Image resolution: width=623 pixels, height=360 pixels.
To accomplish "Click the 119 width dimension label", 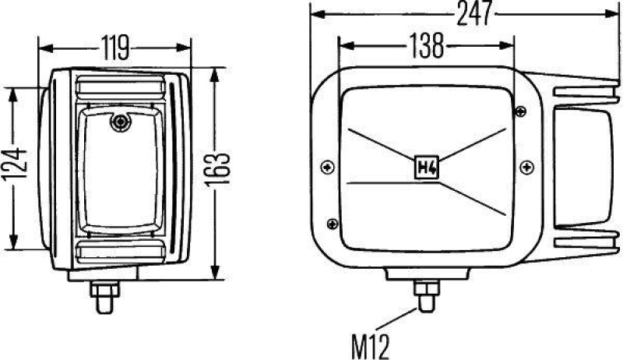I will (114, 48).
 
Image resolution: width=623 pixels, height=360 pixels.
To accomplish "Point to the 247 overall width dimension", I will (470, 13).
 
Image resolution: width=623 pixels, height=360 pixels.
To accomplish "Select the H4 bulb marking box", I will (426, 166).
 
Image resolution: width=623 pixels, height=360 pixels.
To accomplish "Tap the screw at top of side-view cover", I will (119, 122).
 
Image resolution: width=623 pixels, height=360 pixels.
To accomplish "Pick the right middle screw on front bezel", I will (526, 165).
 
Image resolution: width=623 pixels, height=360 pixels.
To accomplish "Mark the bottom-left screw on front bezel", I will (333, 223).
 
